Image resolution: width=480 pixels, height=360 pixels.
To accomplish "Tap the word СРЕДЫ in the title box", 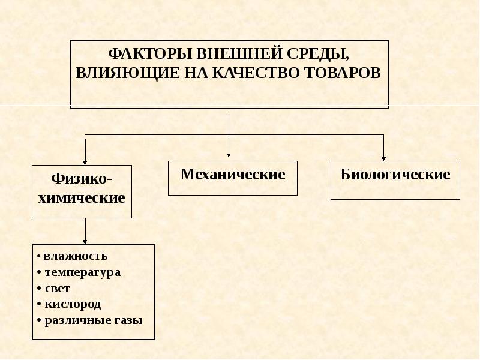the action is (x=318, y=55).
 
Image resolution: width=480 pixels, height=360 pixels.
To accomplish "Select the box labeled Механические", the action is (x=233, y=178).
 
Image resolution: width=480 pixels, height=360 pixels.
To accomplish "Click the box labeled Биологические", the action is (x=395, y=181).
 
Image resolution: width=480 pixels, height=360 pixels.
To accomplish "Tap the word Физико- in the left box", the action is (x=82, y=178).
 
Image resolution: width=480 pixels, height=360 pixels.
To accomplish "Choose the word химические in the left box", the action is (x=82, y=198).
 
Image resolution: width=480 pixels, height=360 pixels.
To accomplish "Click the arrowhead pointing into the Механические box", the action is (x=229, y=155).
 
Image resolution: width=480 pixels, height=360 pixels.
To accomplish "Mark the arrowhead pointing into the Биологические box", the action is (x=383, y=158).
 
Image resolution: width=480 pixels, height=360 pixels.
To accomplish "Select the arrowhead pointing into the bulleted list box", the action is (x=85, y=242).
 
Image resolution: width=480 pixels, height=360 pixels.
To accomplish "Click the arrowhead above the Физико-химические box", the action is (x=85, y=163).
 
